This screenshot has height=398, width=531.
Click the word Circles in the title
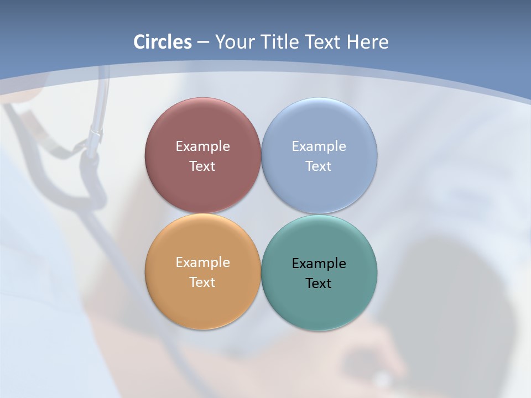point(163,42)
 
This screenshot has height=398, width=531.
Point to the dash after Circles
point(203,43)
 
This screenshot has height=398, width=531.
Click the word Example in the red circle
point(202,146)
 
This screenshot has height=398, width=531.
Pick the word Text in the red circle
point(202,166)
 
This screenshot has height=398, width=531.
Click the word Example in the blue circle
point(319,146)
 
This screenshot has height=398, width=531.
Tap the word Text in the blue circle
point(319,166)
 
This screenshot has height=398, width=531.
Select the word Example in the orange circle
point(202,263)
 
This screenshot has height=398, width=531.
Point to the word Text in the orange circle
point(202,282)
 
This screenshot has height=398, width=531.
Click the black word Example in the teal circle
point(319,264)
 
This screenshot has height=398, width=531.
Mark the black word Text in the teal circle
point(319,284)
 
